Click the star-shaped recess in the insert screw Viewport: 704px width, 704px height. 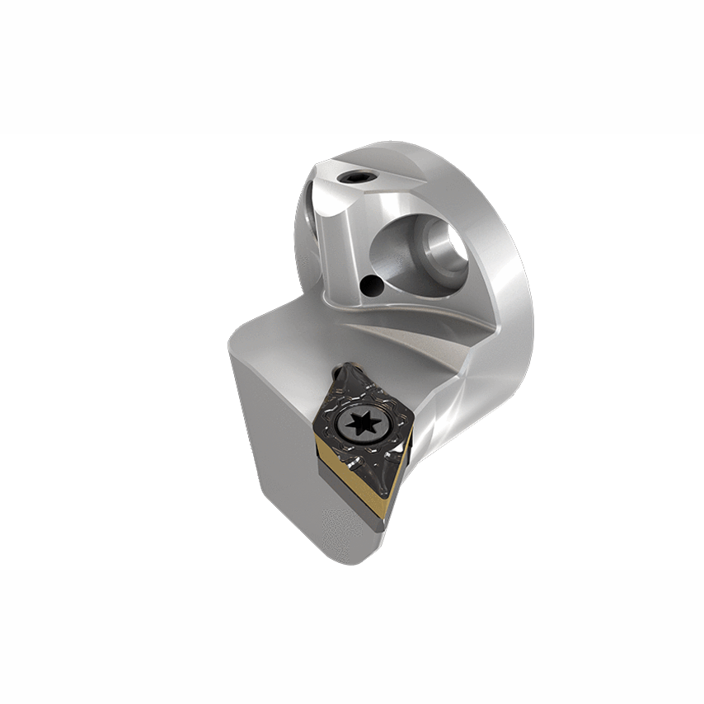pos(362,425)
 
